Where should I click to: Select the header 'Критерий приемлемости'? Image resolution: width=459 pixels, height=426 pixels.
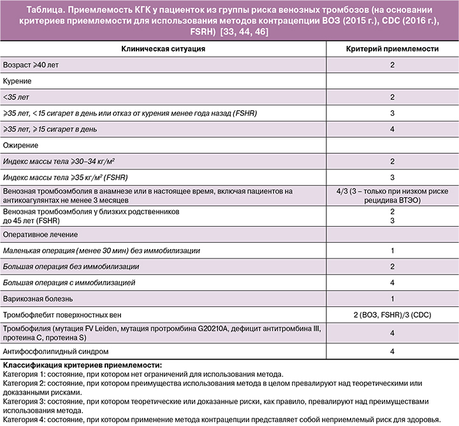tap(392, 49)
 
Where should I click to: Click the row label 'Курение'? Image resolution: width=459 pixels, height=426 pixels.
tap(18, 82)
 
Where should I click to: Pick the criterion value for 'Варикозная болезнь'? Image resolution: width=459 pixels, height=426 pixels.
tap(392, 299)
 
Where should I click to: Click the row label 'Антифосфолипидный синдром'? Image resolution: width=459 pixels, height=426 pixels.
tap(55, 351)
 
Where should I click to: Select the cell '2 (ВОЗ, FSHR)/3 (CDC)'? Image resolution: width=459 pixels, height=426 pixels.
tap(392, 315)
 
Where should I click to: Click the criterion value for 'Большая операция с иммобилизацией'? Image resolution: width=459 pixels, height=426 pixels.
tap(392, 282)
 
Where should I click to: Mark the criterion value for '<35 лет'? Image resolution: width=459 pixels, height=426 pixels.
tap(392, 97)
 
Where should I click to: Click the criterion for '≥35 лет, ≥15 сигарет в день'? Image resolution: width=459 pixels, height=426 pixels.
tap(392, 129)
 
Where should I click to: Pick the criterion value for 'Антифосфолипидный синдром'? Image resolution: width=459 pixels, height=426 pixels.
tap(392, 351)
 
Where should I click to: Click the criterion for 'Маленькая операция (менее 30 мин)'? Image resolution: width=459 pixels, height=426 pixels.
tap(392, 252)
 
